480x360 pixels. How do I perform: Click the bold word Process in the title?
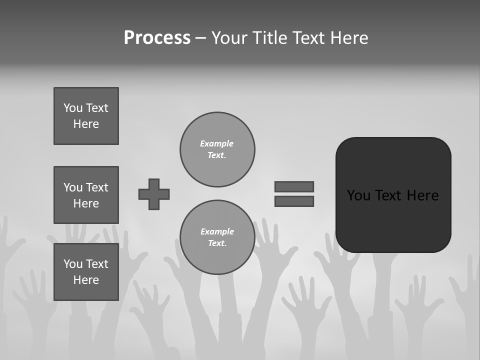tap(157, 38)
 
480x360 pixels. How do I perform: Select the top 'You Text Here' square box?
tap(86, 116)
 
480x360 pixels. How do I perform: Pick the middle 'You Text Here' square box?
tap(86, 195)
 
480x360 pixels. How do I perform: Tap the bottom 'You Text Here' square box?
tap(86, 272)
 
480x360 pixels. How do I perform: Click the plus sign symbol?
tap(154, 194)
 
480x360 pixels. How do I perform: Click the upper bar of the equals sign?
tap(294, 186)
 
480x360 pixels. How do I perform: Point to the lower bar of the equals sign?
tap(294, 201)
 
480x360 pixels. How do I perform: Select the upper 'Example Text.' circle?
tap(217, 149)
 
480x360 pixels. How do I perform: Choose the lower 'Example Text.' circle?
tap(217, 237)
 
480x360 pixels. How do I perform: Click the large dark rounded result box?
tap(393, 195)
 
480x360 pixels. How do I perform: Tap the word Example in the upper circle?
tap(216, 143)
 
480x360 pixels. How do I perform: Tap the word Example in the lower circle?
tap(217, 231)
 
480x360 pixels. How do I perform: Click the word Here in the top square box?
tap(86, 124)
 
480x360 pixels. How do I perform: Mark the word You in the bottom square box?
tap(73, 264)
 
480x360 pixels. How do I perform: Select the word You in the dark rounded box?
tap(358, 195)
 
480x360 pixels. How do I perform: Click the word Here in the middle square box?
tap(86, 203)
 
